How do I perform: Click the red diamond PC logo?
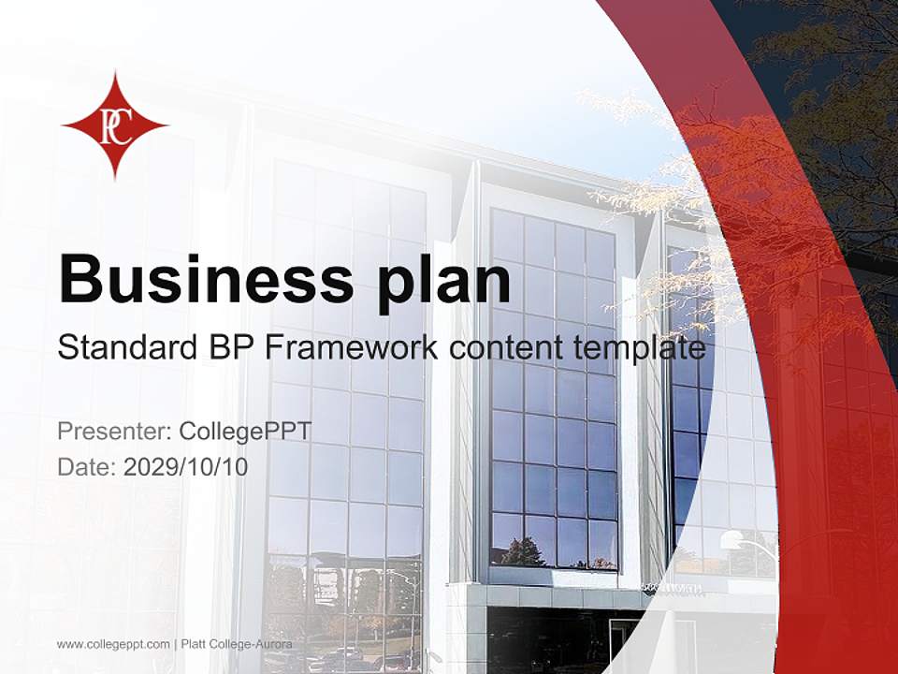114,125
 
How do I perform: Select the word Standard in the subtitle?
123,347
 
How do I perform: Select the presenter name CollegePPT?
245,432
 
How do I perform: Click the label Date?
87,466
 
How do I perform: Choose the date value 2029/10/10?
186,466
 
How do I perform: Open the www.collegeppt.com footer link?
113,644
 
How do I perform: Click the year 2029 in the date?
145,466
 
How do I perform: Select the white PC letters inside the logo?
114,125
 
